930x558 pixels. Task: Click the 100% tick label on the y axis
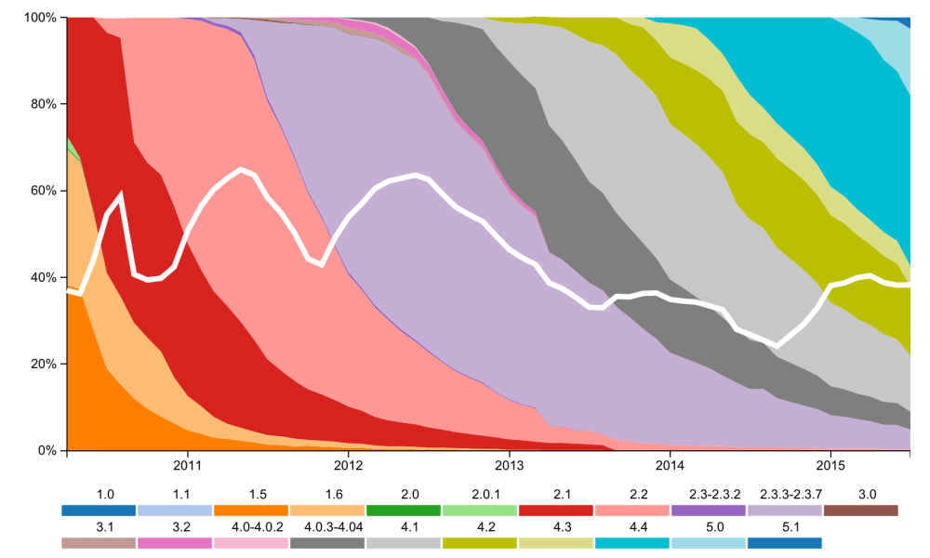(x=40, y=18)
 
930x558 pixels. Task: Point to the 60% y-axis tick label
(x=43, y=191)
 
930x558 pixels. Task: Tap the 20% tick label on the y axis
(x=43, y=364)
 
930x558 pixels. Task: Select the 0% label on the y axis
(x=46, y=450)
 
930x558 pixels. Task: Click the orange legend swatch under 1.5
(x=251, y=511)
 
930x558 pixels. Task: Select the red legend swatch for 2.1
(x=556, y=511)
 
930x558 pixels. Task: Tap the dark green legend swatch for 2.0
(x=404, y=511)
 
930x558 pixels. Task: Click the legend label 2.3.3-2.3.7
(x=785, y=494)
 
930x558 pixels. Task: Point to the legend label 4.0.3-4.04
(x=326, y=526)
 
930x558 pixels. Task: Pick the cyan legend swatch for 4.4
(x=632, y=543)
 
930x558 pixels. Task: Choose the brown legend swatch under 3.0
(x=861, y=511)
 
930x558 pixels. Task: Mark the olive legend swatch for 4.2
(x=480, y=543)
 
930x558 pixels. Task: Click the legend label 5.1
(x=785, y=526)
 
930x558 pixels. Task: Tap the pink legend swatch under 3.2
(x=175, y=543)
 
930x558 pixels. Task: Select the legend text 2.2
(x=632, y=494)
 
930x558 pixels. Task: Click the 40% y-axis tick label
(x=43, y=277)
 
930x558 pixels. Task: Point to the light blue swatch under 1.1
(x=175, y=511)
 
